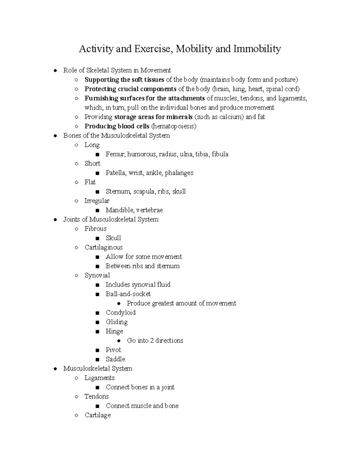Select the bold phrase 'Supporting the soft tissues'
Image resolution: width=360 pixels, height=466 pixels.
[124, 80]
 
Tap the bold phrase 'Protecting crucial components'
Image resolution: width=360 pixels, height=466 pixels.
[130, 89]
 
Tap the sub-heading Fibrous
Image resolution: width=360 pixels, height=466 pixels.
[95, 229]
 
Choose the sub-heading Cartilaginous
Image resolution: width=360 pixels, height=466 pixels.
[103, 247]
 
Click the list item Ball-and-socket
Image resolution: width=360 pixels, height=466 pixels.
[128, 294]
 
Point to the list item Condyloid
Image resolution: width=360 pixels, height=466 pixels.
[121, 312]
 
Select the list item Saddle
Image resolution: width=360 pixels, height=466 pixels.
[115, 359]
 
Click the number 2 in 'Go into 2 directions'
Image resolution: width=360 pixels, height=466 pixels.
[152, 341]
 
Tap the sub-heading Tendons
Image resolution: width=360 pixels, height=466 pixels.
[96, 396]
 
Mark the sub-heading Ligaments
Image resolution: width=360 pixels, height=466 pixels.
[99, 378]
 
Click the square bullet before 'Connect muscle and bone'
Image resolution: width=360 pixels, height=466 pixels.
[97, 406]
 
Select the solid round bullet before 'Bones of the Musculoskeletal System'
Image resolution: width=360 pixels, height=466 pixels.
[55, 136]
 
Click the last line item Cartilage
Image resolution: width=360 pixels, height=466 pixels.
[97, 415]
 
